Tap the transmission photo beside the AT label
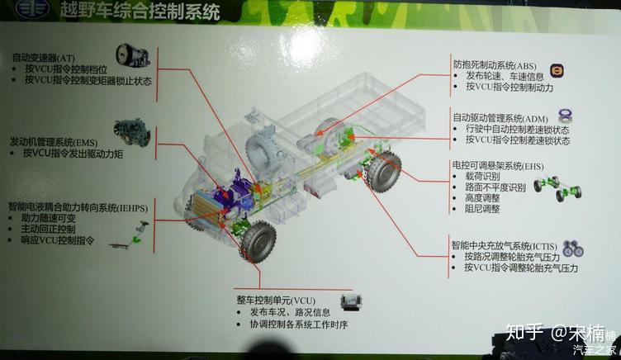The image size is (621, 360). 132,58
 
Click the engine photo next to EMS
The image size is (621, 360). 131,132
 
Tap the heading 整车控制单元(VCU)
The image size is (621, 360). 282,299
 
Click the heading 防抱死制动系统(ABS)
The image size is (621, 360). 494,64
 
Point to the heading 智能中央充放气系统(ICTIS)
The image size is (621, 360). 502,245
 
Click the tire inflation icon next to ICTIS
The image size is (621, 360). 572,248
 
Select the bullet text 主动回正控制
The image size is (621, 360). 49,229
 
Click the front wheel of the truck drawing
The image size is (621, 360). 257,239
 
